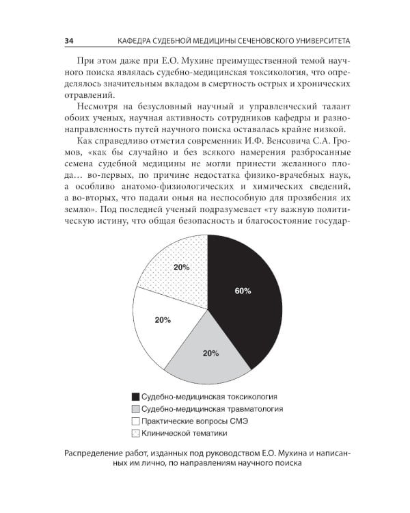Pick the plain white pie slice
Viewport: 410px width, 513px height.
pos(161,325)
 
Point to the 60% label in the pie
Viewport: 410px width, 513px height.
pos(243,291)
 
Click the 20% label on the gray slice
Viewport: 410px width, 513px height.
pos(210,354)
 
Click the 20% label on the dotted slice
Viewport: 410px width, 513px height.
pos(181,267)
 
